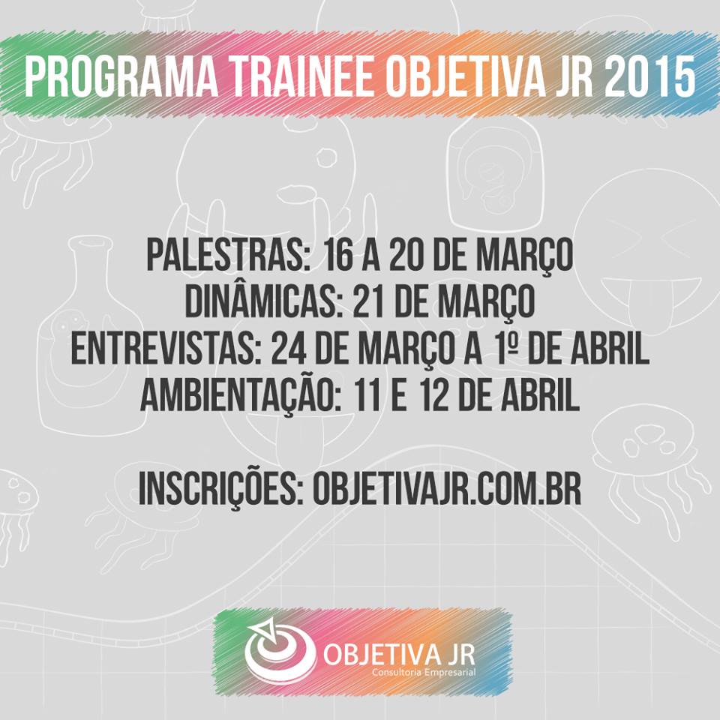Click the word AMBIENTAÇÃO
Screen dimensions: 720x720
(235, 395)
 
